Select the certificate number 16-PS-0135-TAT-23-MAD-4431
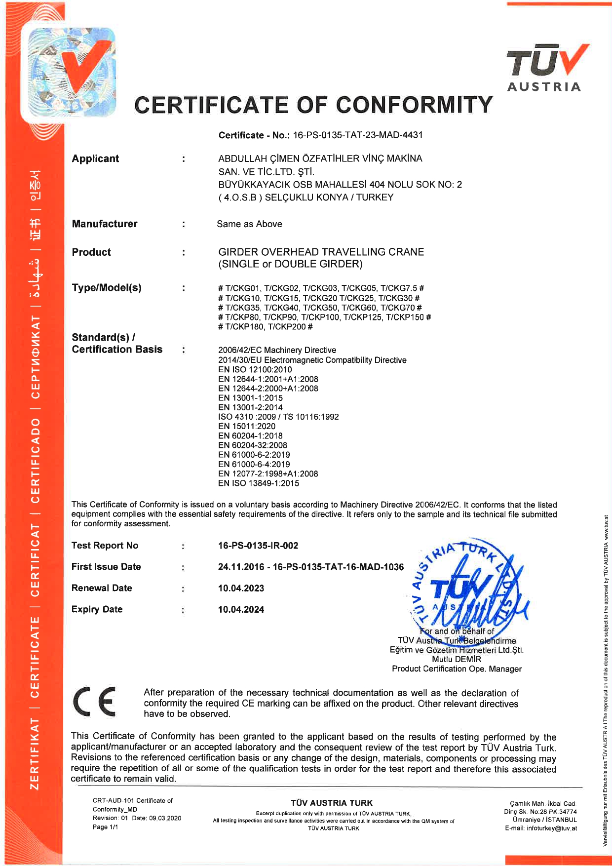tap(358, 135)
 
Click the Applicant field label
tap(95, 158)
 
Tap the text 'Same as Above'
tap(249, 224)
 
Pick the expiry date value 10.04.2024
tap(241, 610)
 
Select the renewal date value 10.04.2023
tap(241, 589)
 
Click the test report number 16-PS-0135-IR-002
tap(258, 546)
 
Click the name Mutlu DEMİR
tap(457, 659)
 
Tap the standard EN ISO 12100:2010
tap(255, 370)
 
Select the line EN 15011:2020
tap(247, 426)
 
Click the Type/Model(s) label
tap(107, 288)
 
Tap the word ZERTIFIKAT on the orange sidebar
tap(35, 753)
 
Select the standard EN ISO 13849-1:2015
tap(259, 483)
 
